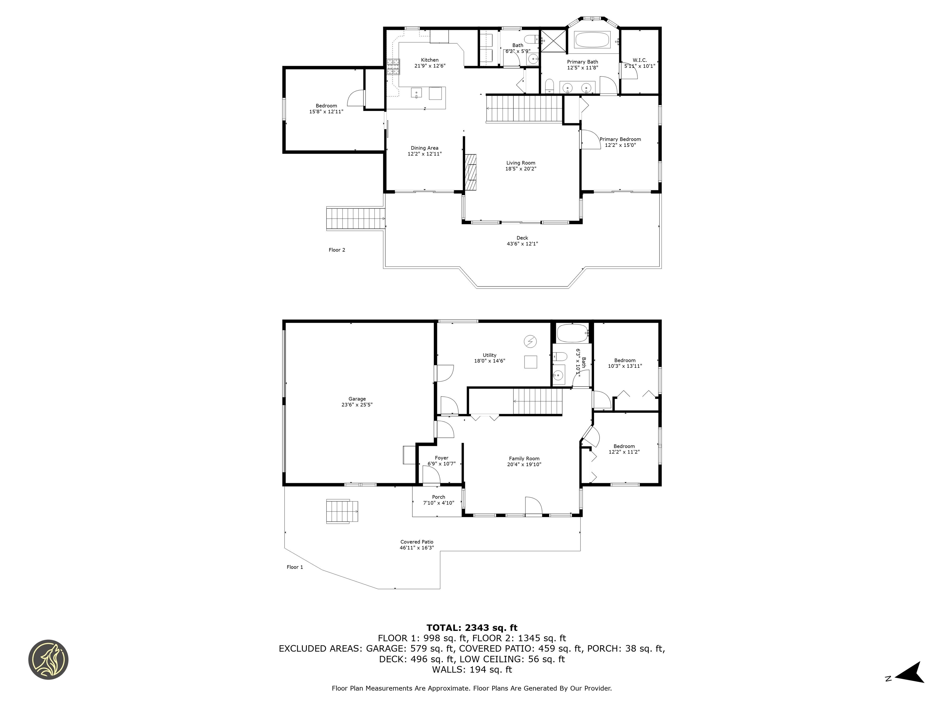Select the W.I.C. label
pyautogui.click(x=639, y=60)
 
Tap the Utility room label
pyautogui.click(x=490, y=355)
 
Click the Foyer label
pyautogui.click(x=441, y=458)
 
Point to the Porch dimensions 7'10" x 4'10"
pyautogui.click(x=438, y=503)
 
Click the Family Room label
pyautogui.click(x=524, y=459)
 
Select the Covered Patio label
pyautogui.click(x=416, y=541)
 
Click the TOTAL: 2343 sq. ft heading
pyautogui.click(x=472, y=628)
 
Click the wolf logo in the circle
pyautogui.click(x=48, y=659)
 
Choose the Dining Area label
pyautogui.click(x=424, y=148)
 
